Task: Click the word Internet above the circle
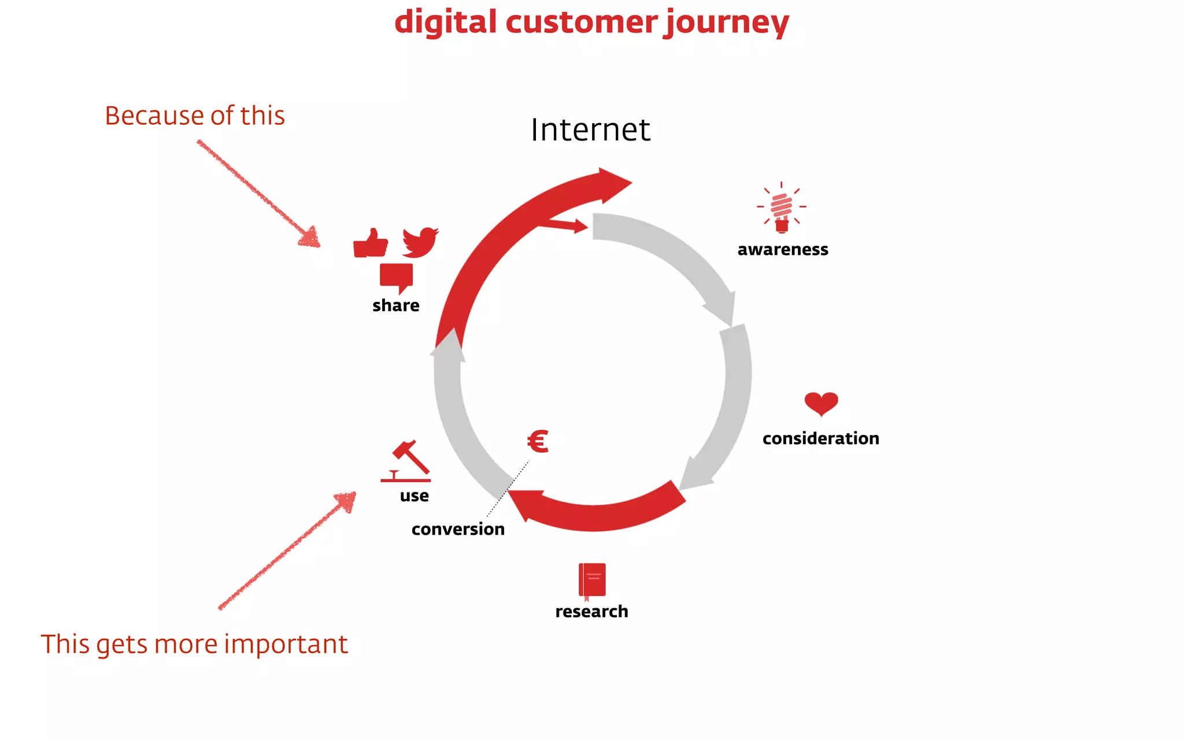point(590,130)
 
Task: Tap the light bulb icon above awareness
point(781,208)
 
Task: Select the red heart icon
point(821,404)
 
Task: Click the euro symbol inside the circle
point(538,442)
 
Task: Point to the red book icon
point(592,580)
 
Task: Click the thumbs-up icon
point(370,243)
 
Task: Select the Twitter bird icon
point(420,242)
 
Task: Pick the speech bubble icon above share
point(397,277)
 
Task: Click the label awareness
point(783,250)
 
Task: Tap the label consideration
point(820,439)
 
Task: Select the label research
point(591,612)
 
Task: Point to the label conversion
point(458,530)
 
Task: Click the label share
point(396,306)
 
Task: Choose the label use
point(415,496)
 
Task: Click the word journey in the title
point(726,23)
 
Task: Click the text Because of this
point(195,116)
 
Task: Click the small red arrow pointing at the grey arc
point(564,224)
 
